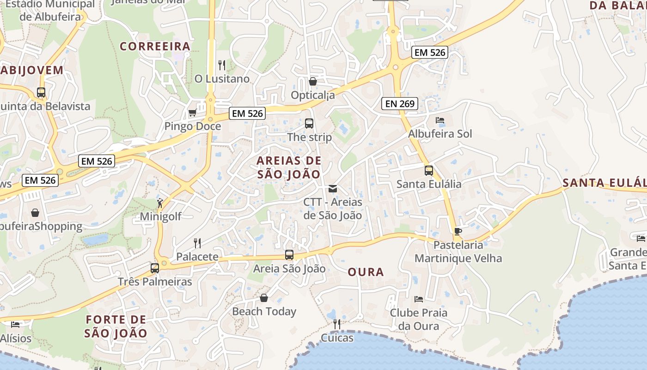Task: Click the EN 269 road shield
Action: tap(400, 104)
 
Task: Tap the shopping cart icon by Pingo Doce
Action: tap(192, 112)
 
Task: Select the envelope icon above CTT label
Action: tap(332, 189)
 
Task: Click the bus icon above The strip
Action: tap(309, 123)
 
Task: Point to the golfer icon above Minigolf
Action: tap(160, 203)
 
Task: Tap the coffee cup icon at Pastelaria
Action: tap(458, 231)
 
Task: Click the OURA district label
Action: tap(366, 272)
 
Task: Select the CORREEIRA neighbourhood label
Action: tap(155, 46)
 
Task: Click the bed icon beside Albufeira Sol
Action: tap(440, 120)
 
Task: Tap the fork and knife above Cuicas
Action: tap(337, 324)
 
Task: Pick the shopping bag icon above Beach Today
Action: tap(264, 298)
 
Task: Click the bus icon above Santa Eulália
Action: tap(429, 171)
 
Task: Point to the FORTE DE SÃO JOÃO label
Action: tap(116, 326)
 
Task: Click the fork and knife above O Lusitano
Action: tap(222, 65)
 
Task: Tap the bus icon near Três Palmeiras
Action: tap(155, 268)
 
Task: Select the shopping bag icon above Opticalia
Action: tap(313, 81)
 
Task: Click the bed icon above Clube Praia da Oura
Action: tap(419, 299)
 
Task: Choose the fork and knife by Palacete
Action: tap(197, 243)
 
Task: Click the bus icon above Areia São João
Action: tap(289, 255)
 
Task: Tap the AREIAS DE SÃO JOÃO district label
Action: tap(289, 167)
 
